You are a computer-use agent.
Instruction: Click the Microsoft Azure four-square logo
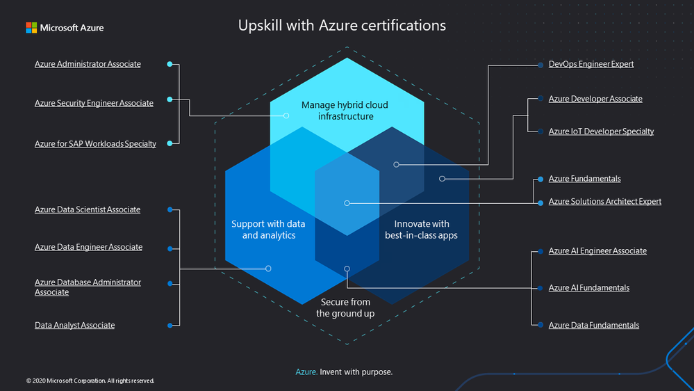[31, 28]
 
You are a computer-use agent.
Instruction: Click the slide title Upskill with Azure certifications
[342, 26]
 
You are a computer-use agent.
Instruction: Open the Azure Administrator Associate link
[88, 64]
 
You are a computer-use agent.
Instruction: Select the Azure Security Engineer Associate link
[94, 103]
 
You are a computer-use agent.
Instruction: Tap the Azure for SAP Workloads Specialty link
[95, 144]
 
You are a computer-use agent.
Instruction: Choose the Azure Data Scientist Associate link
[88, 209]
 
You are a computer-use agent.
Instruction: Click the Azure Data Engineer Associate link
[88, 247]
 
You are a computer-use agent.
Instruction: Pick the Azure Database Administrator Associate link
[88, 287]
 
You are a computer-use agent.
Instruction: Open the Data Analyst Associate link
[74, 325]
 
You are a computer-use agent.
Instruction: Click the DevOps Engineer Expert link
[590, 64]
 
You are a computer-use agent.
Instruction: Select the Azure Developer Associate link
[595, 99]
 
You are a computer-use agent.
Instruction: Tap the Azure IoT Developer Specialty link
[601, 131]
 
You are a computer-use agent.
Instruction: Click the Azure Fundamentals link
[584, 179]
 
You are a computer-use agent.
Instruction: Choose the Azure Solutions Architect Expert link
[604, 202]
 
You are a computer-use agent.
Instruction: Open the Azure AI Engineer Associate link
[597, 250]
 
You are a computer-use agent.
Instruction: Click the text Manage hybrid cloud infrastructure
[345, 111]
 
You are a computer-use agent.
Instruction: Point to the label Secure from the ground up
[345, 308]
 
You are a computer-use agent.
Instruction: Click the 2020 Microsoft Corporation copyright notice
[90, 381]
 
